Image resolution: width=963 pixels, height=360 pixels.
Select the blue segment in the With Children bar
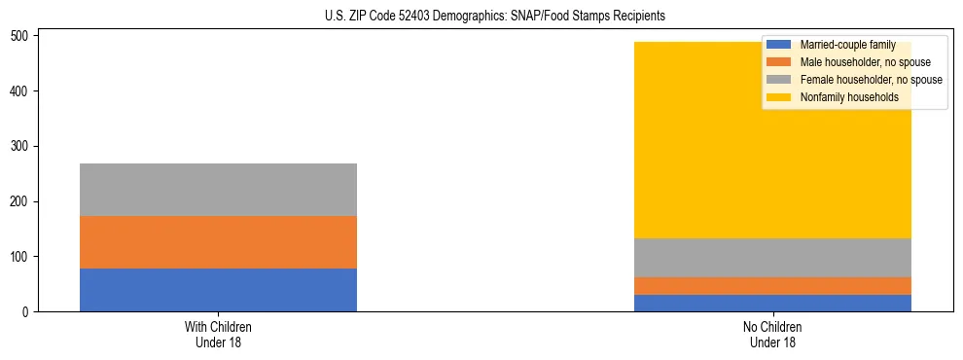click(218, 290)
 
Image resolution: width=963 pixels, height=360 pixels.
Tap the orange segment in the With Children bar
click(218, 242)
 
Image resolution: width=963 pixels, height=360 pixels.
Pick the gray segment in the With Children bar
click(218, 190)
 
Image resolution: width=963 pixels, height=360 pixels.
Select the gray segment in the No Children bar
click(772, 258)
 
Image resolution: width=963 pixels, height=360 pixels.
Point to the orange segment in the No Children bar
click(772, 285)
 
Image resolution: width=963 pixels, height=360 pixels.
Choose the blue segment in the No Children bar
click(772, 303)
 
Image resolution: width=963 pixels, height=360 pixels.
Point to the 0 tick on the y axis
click(29, 311)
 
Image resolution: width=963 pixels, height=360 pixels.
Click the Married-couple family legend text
click(847, 45)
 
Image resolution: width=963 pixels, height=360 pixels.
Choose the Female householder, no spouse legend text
click(871, 80)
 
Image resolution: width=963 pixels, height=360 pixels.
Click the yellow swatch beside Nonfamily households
click(779, 97)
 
